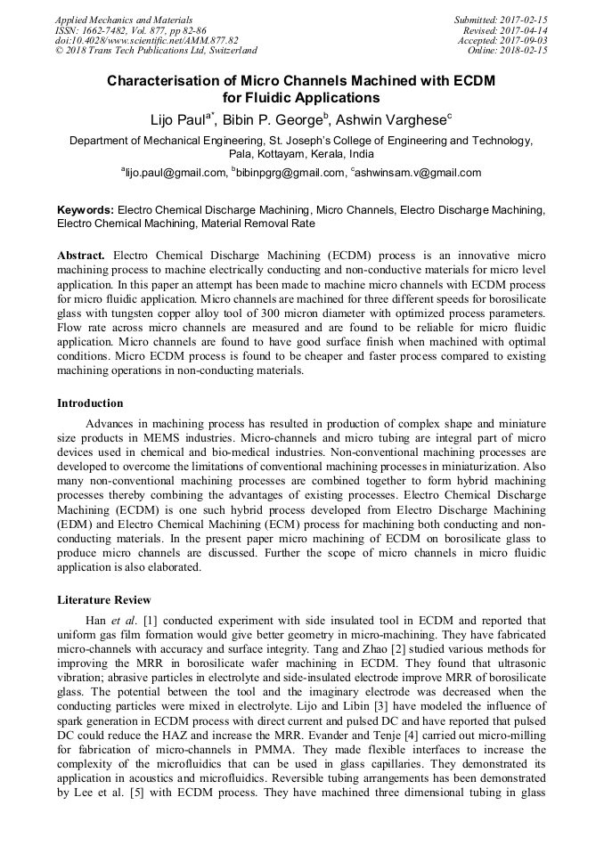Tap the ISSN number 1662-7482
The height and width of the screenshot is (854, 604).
(x=106, y=30)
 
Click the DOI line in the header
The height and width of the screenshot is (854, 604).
(x=147, y=41)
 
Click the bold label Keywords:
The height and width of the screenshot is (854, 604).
(x=86, y=210)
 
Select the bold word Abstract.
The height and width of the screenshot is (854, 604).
(x=82, y=255)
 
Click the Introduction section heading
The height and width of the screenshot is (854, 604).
(x=90, y=403)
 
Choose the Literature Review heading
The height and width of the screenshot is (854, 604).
(x=104, y=599)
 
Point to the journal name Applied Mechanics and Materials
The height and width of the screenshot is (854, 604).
(x=124, y=20)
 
